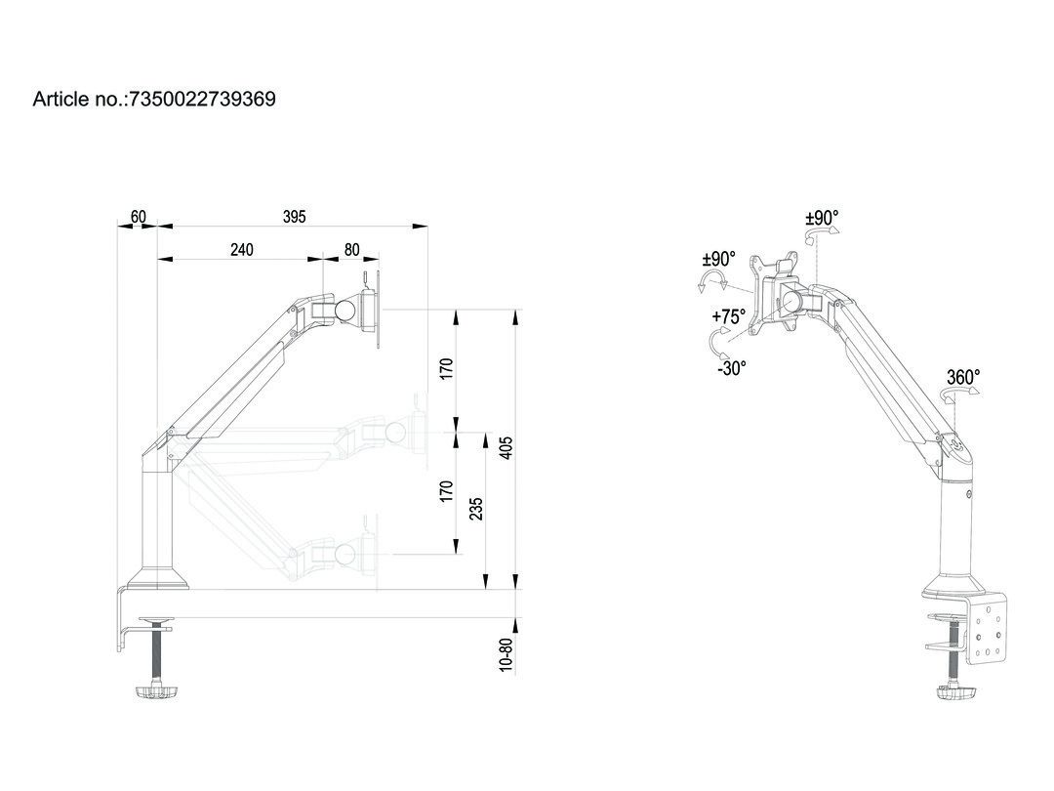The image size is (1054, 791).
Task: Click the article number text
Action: (x=154, y=99)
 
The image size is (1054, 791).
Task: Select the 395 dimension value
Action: (x=294, y=217)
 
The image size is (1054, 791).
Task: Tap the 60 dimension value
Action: (x=138, y=216)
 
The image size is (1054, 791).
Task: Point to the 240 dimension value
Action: (x=241, y=250)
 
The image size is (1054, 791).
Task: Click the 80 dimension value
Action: (x=351, y=250)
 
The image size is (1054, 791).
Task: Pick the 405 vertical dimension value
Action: (x=506, y=447)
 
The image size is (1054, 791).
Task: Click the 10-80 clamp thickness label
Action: (x=505, y=655)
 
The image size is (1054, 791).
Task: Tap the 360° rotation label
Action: (x=962, y=376)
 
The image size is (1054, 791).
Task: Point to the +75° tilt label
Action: (x=728, y=316)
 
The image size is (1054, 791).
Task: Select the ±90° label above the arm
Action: (x=822, y=217)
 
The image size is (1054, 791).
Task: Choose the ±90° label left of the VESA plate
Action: (x=718, y=259)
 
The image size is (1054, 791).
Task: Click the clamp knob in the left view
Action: (x=157, y=693)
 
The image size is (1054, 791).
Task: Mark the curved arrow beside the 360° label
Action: (x=957, y=394)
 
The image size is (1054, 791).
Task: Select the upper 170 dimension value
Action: (x=446, y=369)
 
